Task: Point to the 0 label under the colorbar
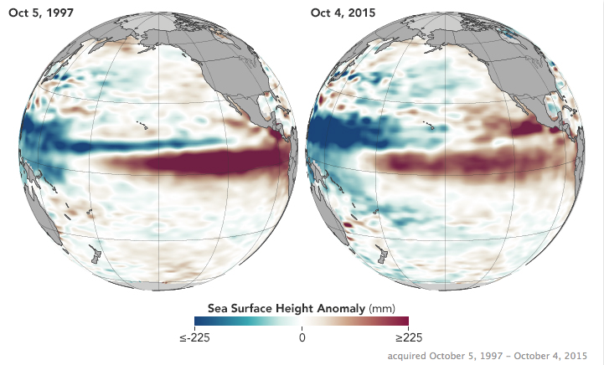(x=302, y=337)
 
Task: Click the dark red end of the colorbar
(x=403, y=321)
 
